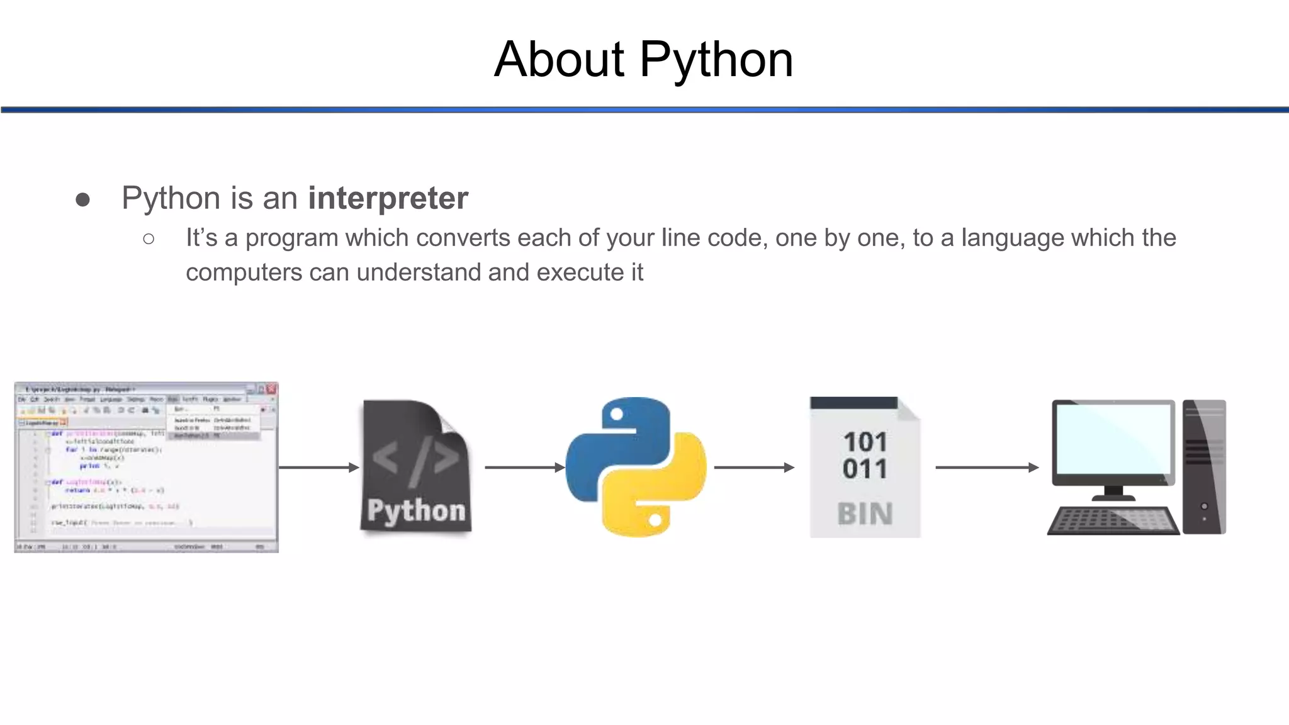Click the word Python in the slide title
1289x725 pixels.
point(716,60)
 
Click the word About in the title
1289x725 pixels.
point(559,60)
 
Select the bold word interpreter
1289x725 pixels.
point(388,198)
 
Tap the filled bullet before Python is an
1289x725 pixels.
point(82,200)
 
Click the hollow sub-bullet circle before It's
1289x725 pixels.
point(149,239)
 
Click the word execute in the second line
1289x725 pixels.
point(580,273)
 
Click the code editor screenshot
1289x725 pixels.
point(146,467)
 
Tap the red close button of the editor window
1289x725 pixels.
point(272,389)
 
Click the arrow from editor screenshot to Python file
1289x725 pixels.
point(318,467)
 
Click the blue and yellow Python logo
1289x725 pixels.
point(636,467)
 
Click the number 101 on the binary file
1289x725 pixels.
point(865,442)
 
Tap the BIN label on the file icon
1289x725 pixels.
point(865,514)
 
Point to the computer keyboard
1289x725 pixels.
point(1113,520)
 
